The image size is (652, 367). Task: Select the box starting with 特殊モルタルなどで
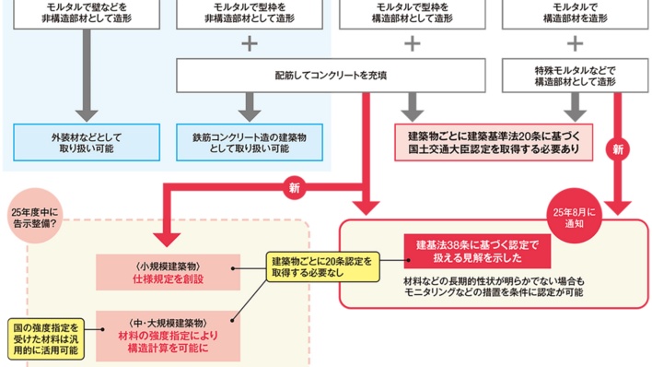click(574, 75)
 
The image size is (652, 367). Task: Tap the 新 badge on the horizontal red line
click(295, 187)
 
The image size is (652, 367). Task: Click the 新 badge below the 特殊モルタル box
click(619, 148)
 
